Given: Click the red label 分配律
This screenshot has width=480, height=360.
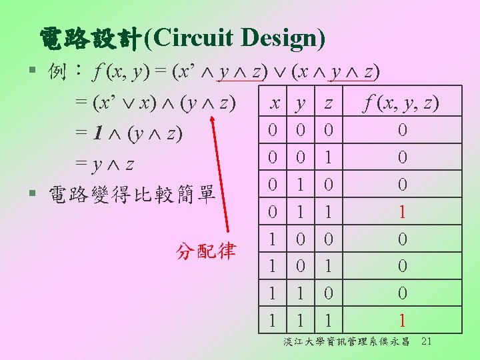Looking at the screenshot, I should tap(206, 251).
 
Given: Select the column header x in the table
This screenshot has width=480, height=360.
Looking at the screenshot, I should tap(273, 103).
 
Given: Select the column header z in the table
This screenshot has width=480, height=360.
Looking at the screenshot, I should tap(328, 103).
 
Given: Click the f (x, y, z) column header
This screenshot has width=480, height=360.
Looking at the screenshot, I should tap(401, 103).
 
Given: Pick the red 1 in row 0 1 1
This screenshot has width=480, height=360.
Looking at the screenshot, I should tap(401, 212).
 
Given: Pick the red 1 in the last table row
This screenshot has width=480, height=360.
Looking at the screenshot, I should tap(401, 321).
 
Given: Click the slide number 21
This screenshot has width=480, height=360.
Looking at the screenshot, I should tap(427, 342).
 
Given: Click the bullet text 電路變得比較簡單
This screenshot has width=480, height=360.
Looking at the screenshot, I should tap(131, 194).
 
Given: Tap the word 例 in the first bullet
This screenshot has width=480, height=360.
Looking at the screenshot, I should tap(57, 71).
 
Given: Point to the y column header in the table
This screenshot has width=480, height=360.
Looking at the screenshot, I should tap(301, 103).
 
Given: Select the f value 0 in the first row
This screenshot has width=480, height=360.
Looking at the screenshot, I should tap(401, 131).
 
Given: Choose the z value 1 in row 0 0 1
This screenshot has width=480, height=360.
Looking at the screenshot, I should tap(328, 158).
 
